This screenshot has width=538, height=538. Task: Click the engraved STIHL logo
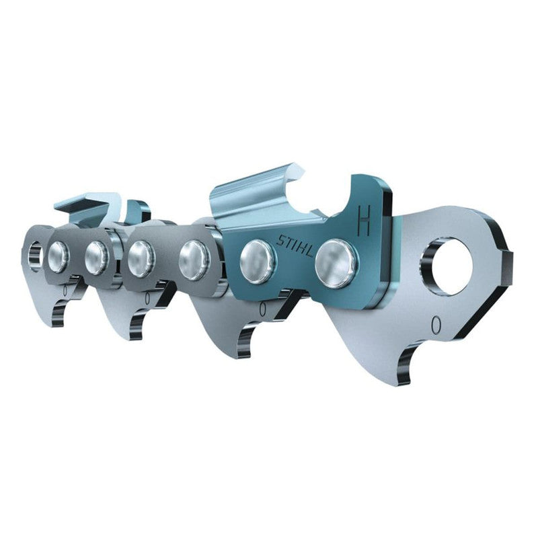click(295, 245)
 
